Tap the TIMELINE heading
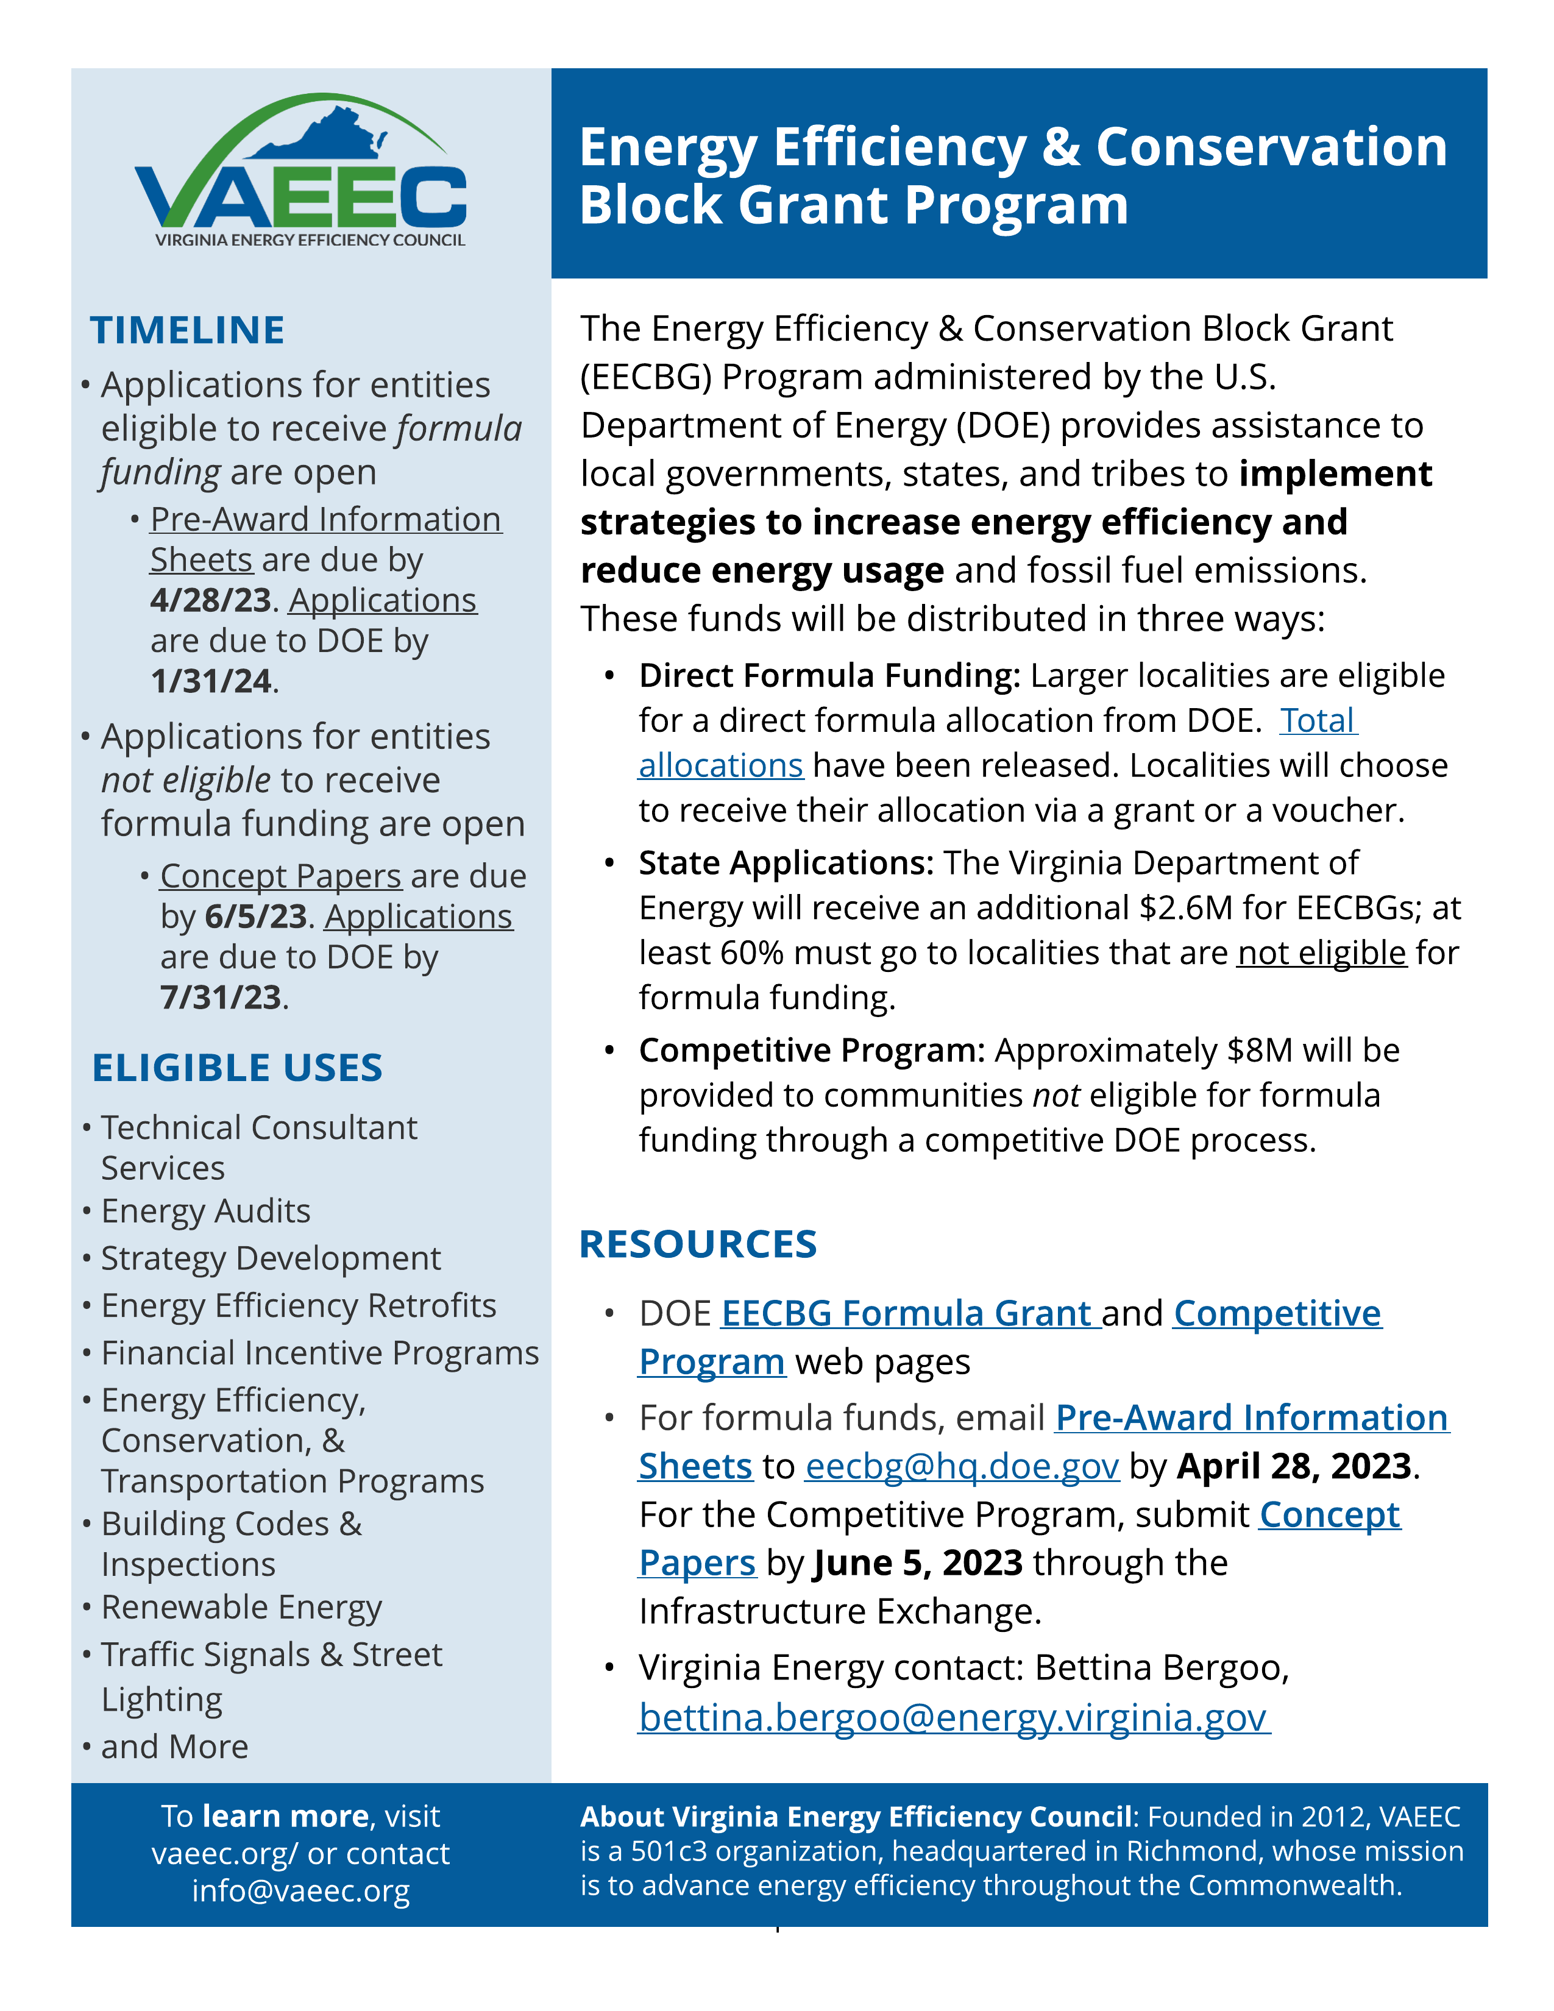187,330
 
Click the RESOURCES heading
698,1244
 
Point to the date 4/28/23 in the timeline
210,600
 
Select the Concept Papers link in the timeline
281,876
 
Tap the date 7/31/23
220,997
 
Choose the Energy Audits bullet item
205,1211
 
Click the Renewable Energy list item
241,1607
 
